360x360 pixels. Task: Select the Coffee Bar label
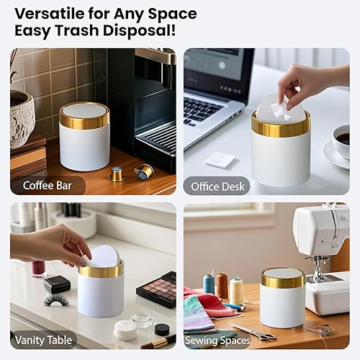click(x=48, y=186)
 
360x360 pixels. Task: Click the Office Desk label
click(x=217, y=187)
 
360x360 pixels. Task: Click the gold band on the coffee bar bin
click(x=84, y=118)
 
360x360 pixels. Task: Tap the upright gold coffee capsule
click(x=115, y=174)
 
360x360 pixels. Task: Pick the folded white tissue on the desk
click(x=220, y=160)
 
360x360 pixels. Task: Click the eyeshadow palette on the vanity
click(x=156, y=289)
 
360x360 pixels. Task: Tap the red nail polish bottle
click(x=38, y=268)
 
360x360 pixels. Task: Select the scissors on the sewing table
click(x=253, y=332)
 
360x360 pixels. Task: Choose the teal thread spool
click(x=209, y=284)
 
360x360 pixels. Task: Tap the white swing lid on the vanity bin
click(x=104, y=256)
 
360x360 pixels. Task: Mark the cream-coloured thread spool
click(x=237, y=290)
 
